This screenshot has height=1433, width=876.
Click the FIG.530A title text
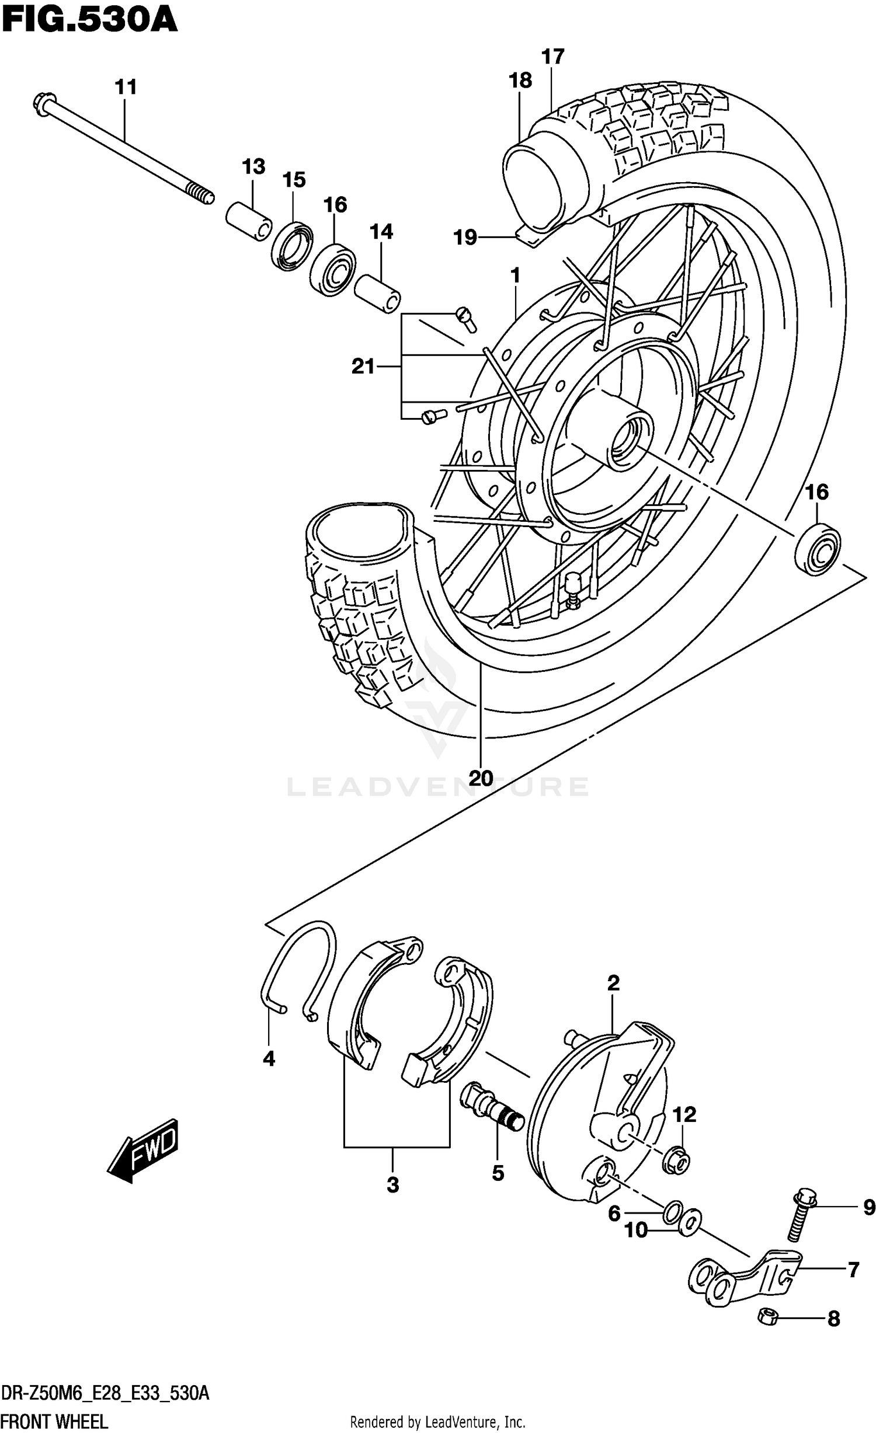(89, 22)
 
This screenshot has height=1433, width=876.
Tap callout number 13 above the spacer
(253, 167)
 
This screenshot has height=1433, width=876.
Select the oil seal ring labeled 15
(292, 246)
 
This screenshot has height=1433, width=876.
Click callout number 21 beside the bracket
(363, 367)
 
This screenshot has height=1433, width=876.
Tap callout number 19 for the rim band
(465, 238)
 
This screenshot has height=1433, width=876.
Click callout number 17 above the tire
(552, 57)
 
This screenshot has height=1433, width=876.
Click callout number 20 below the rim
(481, 778)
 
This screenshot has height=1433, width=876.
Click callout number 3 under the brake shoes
(392, 1185)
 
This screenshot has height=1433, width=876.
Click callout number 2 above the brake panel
(613, 984)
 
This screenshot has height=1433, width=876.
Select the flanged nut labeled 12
(676, 1162)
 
